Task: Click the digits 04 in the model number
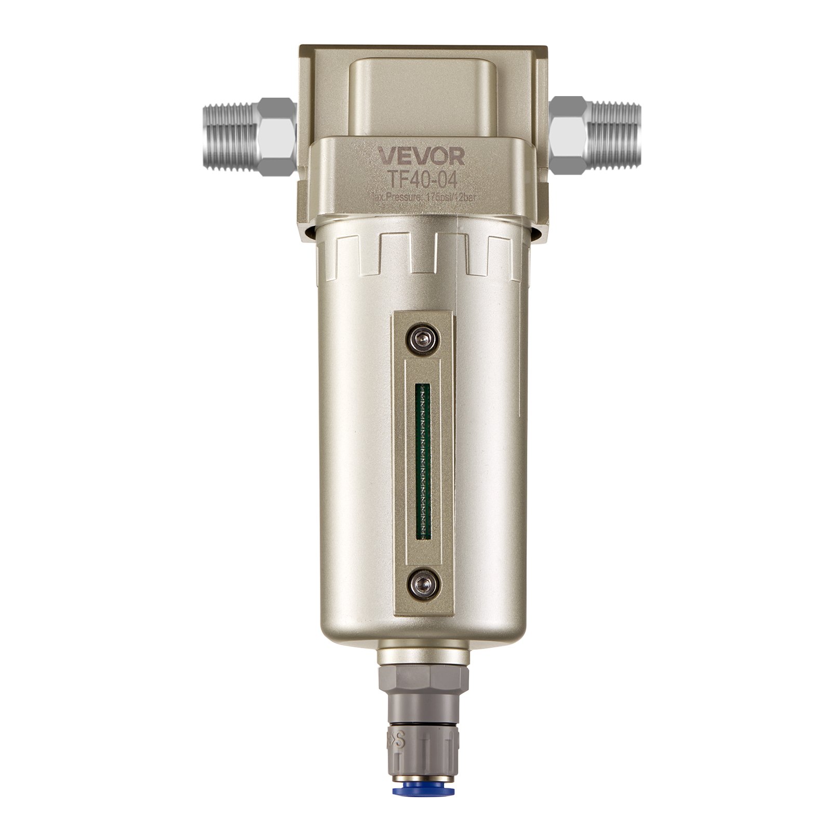446,178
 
